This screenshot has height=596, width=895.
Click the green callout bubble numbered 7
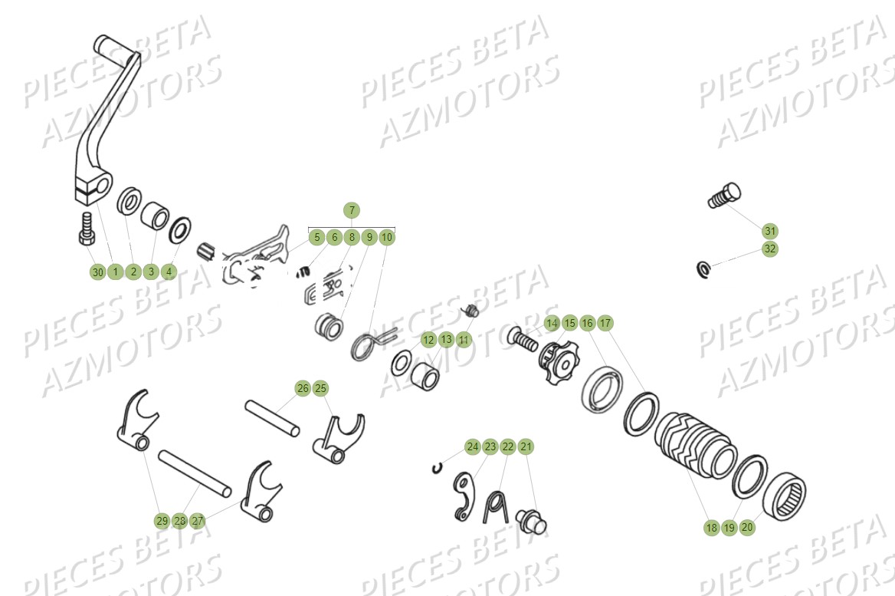tap(351, 210)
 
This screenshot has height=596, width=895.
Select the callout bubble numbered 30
tap(97, 272)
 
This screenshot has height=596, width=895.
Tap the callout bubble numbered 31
tap(770, 231)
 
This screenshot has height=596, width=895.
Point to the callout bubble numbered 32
tap(770, 249)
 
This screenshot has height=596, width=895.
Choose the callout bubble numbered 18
tap(711, 528)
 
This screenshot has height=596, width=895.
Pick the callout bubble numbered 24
tap(472, 446)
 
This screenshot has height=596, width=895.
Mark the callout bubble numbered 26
tap(303, 389)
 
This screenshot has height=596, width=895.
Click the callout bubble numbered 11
tap(464, 339)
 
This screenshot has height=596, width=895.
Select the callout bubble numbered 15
tap(569, 323)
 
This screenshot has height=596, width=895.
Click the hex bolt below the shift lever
tap(86, 228)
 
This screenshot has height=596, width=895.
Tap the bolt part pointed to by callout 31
tap(723, 195)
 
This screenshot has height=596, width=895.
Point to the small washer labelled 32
tap(703, 268)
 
